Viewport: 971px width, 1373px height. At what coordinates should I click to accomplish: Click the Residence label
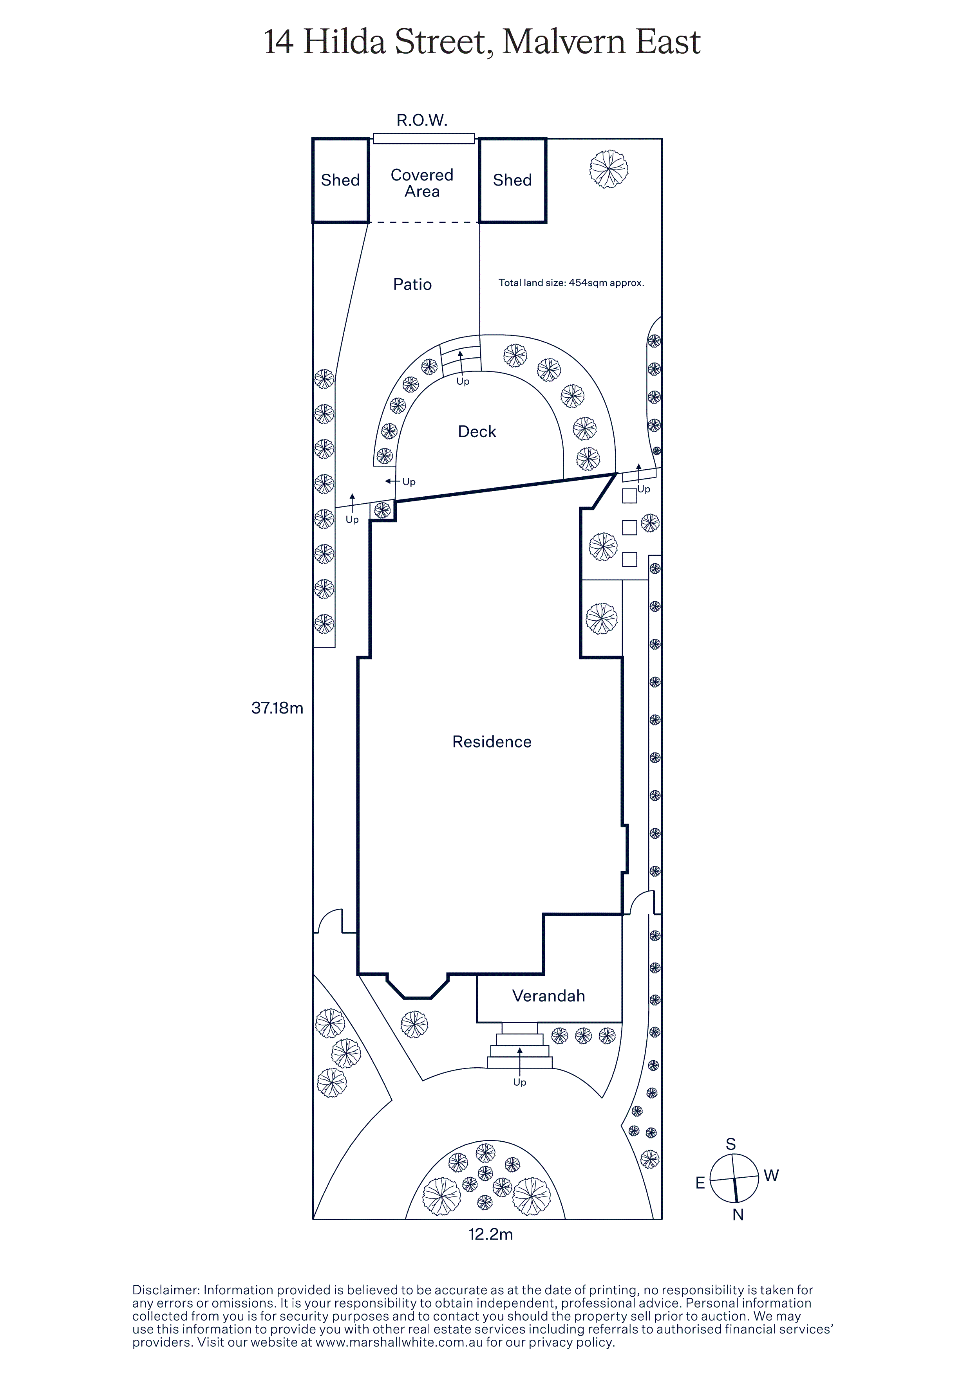click(x=492, y=742)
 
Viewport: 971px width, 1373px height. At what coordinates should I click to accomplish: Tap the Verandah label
click(x=549, y=996)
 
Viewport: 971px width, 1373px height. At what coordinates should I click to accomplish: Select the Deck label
click(x=477, y=431)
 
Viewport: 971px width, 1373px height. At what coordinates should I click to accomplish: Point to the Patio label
click(x=412, y=284)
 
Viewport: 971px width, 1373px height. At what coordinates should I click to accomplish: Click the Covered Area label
click(x=422, y=183)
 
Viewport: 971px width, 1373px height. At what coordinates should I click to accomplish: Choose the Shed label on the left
click(x=340, y=180)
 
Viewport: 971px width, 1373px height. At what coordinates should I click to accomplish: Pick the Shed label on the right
click(x=512, y=180)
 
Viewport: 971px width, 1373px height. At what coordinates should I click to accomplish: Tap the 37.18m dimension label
click(x=277, y=708)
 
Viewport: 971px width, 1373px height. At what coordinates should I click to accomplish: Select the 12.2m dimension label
click(x=490, y=1234)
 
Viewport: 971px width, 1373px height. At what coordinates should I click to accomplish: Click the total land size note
click(x=571, y=283)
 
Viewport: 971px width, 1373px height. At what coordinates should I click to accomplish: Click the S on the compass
click(x=731, y=1144)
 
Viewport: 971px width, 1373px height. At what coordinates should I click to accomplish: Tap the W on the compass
click(x=771, y=1176)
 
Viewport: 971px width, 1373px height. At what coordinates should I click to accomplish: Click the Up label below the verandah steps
click(x=519, y=1082)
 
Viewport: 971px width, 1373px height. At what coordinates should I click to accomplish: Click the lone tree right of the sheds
click(x=608, y=169)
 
